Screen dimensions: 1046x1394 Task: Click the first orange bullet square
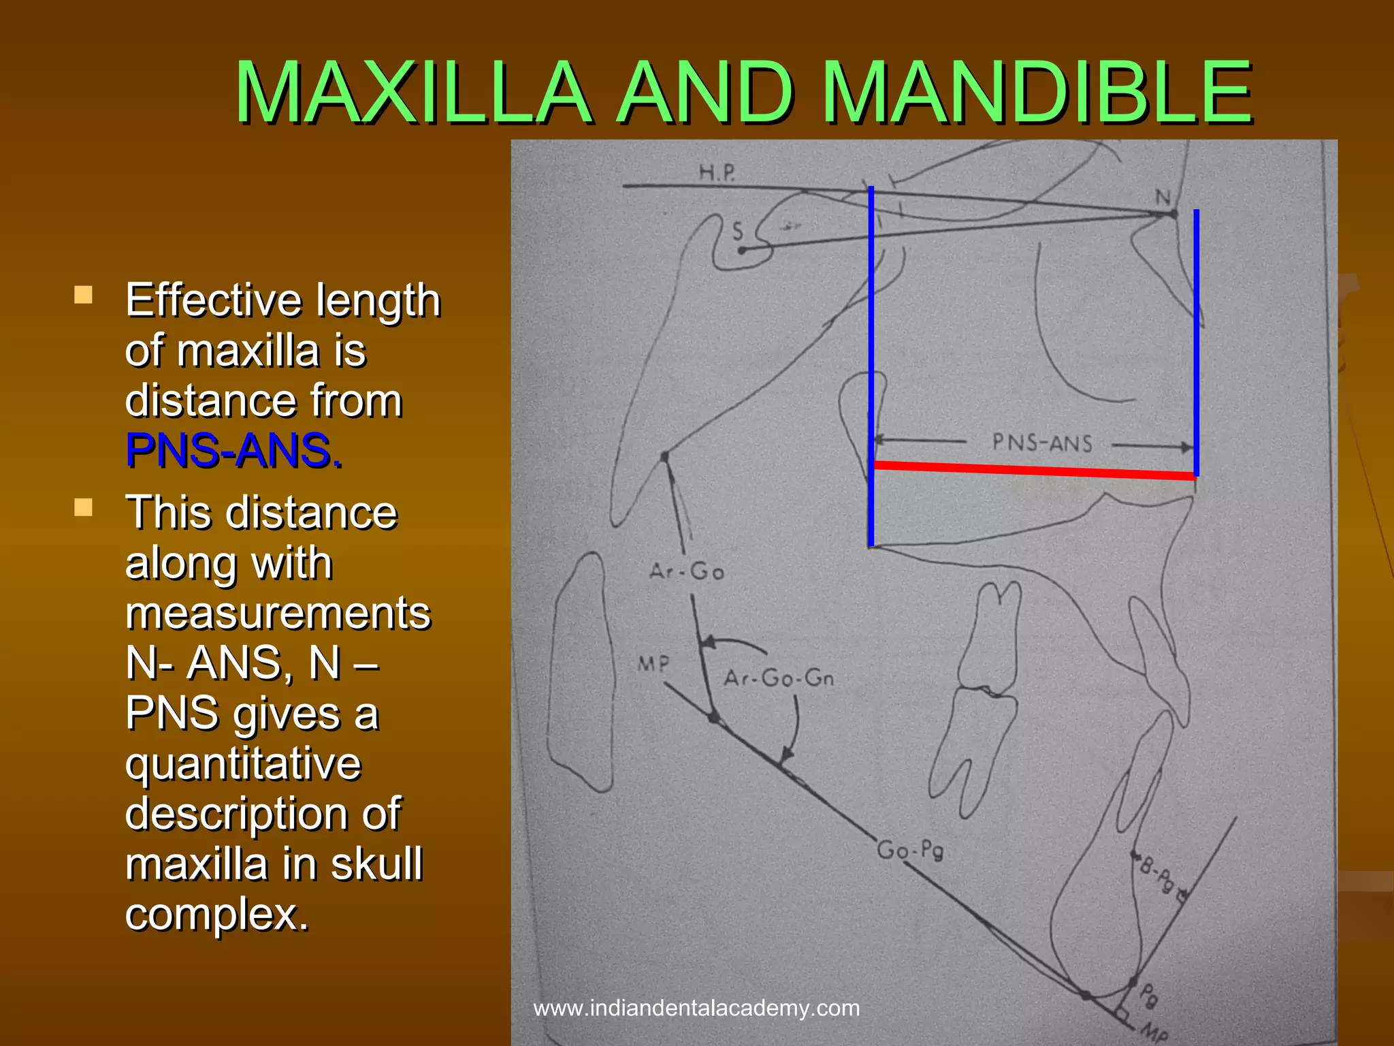pyautogui.click(x=84, y=295)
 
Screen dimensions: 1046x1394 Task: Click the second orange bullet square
pyautogui.click(x=84, y=507)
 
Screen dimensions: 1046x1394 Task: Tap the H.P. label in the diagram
pyautogui.click(x=717, y=172)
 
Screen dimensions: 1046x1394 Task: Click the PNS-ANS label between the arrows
pyautogui.click(x=1042, y=443)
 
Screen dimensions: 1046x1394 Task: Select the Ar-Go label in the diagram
pyautogui.click(x=686, y=571)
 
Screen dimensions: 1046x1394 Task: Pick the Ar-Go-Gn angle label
pyautogui.click(x=779, y=678)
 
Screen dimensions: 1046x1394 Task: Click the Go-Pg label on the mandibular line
pyautogui.click(x=909, y=851)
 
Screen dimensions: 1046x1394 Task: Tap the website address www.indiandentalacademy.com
pyautogui.click(x=696, y=1008)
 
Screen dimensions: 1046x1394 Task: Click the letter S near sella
pyautogui.click(x=737, y=232)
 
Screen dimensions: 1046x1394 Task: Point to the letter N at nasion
pyautogui.click(x=1163, y=197)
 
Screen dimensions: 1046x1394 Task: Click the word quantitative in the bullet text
pyautogui.click(x=243, y=763)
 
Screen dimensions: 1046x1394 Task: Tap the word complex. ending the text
pyautogui.click(x=217, y=914)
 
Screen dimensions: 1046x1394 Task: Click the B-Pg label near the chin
pyautogui.click(x=1157, y=875)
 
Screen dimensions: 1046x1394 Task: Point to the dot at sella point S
pyautogui.click(x=742, y=251)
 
